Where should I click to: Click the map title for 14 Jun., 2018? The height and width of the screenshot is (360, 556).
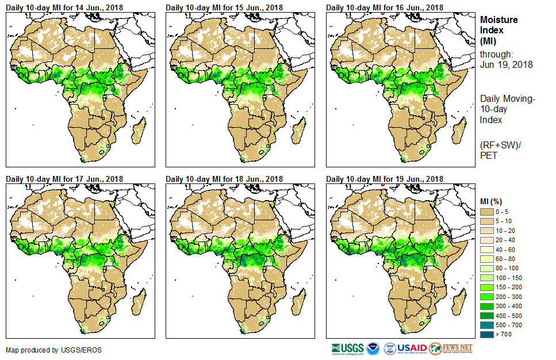point(64,7)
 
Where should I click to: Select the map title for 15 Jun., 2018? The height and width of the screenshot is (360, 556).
point(224,7)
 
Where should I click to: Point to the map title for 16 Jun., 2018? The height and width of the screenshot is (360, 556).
point(384,7)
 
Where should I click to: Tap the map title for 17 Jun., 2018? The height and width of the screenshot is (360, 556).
point(64,179)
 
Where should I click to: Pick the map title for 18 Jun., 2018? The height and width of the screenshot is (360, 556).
point(224,179)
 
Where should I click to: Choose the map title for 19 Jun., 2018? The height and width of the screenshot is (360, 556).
point(384,179)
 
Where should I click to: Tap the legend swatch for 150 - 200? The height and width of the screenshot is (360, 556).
point(487,286)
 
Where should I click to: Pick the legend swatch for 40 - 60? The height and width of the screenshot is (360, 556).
point(487,250)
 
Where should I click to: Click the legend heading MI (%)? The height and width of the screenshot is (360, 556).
point(493,201)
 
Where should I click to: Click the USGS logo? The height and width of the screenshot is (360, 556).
point(347,348)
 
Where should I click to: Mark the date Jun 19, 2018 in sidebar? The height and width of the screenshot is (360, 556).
point(506,64)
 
